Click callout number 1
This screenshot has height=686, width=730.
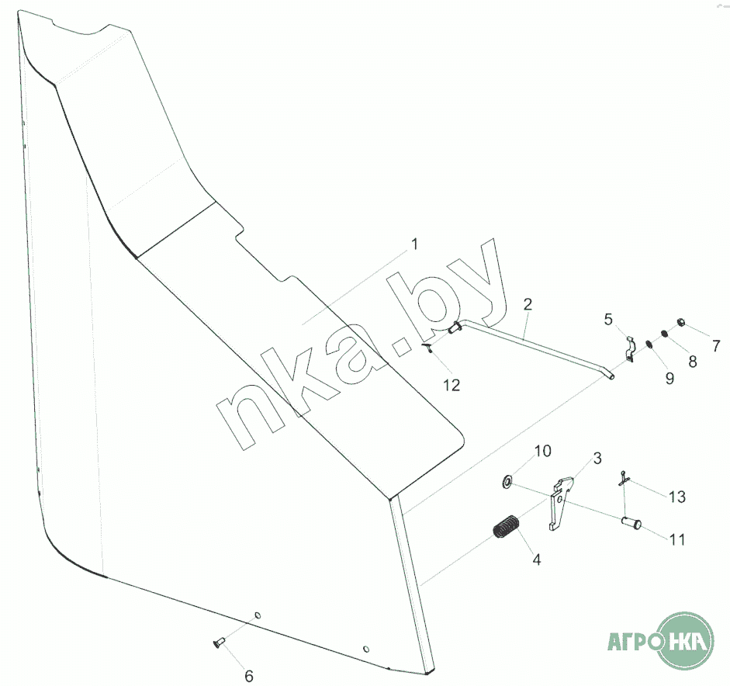click(x=414, y=244)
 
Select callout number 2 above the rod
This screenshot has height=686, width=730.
click(x=528, y=304)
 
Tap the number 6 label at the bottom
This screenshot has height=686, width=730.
click(x=249, y=676)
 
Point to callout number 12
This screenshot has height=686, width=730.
click(x=451, y=385)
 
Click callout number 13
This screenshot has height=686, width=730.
click(x=677, y=497)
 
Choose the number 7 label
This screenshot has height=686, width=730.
click(x=716, y=345)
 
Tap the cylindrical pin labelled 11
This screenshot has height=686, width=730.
click(x=631, y=523)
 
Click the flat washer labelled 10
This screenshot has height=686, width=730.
click(x=507, y=481)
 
